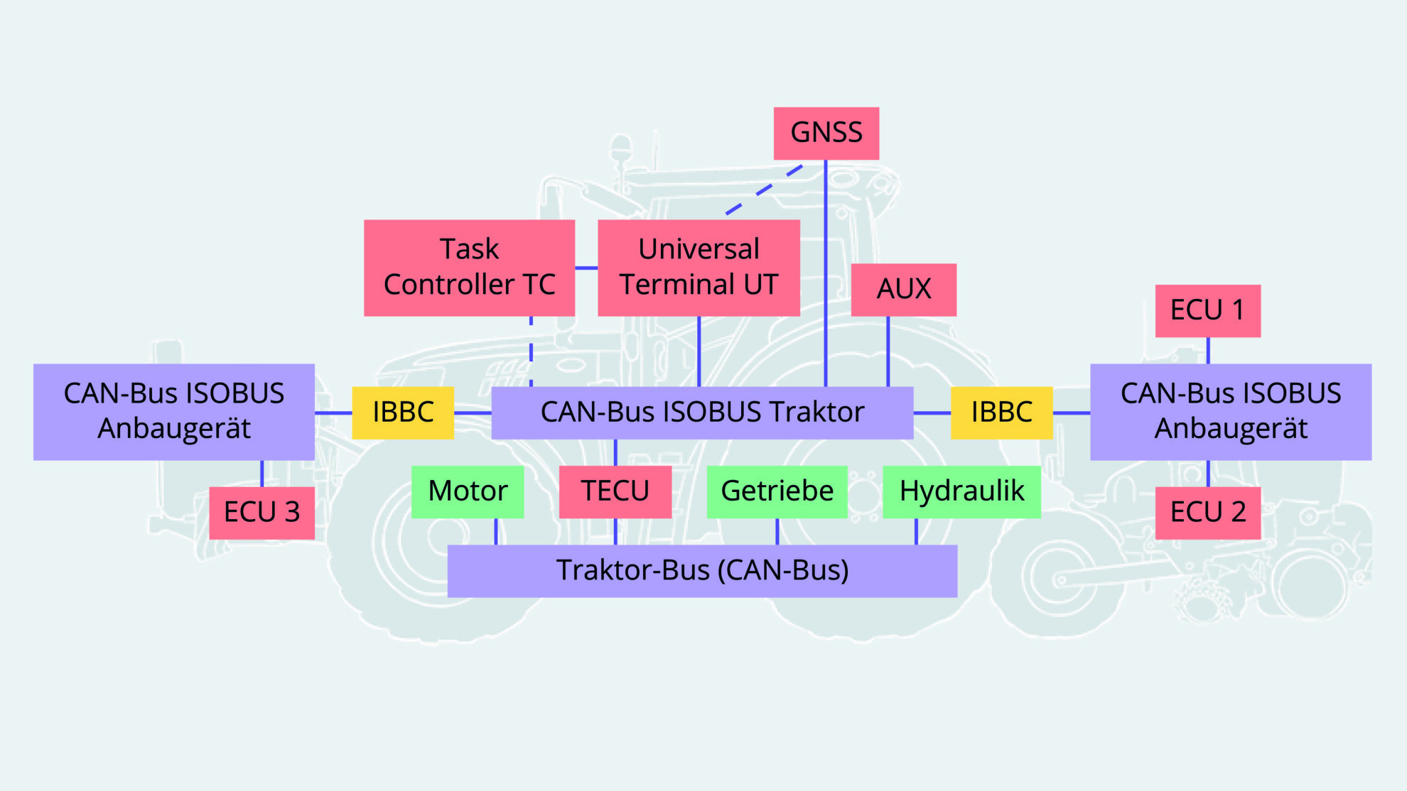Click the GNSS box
(x=826, y=133)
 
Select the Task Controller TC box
(x=469, y=268)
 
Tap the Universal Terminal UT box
(x=699, y=268)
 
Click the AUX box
(x=903, y=290)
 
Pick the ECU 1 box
(x=1207, y=310)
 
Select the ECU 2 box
(x=1207, y=512)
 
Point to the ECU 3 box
(x=262, y=512)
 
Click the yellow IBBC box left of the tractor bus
(x=403, y=413)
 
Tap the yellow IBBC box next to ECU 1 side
(x=1001, y=413)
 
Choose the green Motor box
(x=468, y=491)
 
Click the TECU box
(x=615, y=491)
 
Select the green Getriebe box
(x=777, y=491)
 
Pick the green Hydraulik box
(x=961, y=491)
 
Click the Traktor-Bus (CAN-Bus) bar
(x=702, y=571)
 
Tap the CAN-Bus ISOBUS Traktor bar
(x=702, y=413)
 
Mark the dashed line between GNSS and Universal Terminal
(x=765, y=190)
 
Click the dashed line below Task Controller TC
(x=531, y=351)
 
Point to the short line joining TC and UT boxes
(x=586, y=268)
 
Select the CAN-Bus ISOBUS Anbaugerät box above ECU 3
(x=174, y=412)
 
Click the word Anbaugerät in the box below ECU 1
(x=1231, y=429)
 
